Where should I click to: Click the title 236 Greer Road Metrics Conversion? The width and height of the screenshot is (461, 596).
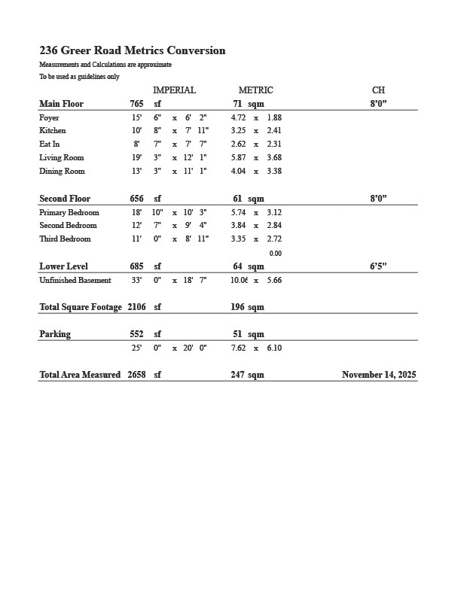click(x=133, y=51)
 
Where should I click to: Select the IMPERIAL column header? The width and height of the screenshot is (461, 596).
click(x=174, y=90)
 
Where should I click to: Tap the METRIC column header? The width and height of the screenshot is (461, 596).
click(x=255, y=90)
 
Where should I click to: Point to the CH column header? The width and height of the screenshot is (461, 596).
click(x=378, y=90)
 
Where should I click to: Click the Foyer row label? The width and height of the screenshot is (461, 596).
click(x=49, y=118)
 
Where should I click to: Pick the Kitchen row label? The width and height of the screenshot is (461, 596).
click(x=53, y=131)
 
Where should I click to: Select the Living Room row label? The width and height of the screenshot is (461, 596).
click(x=62, y=158)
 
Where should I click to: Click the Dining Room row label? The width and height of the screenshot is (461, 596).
click(x=62, y=172)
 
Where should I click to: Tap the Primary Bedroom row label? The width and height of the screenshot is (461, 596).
click(x=69, y=213)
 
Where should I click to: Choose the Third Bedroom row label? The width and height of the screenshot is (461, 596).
click(x=65, y=239)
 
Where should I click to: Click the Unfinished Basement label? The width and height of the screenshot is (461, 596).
click(x=75, y=281)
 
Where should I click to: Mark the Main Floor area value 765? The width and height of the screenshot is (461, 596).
click(x=136, y=104)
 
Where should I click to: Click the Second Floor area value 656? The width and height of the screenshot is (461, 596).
click(x=136, y=199)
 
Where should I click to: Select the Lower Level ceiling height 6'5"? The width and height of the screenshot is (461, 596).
click(x=378, y=266)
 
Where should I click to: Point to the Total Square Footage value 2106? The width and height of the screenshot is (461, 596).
click(x=137, y=307)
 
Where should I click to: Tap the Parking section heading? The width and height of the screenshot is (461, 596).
click(x=55, y=334)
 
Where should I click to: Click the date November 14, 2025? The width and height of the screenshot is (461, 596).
click(x=379, y=375)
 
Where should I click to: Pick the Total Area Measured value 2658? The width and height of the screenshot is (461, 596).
click(x=137, y=375)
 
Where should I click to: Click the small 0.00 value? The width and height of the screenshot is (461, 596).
click(x=276, y=254)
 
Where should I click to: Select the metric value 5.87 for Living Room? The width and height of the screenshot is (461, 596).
click(x=238, y=158)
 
